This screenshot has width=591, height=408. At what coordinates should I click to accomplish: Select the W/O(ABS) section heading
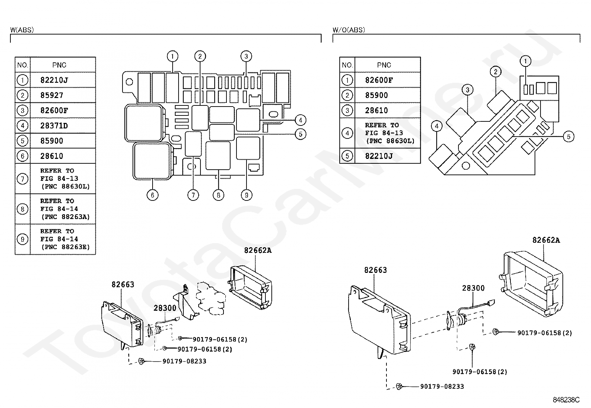click(x=349, y=30)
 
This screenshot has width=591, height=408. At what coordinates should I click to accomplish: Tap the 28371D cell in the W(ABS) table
click(x=54, y=125)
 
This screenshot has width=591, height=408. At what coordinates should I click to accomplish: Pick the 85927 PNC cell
click(x=52, y=95)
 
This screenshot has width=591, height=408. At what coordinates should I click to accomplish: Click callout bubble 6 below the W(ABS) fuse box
click(x=152, y=195)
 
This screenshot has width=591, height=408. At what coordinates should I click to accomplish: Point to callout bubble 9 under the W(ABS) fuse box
click(x=246, y=195)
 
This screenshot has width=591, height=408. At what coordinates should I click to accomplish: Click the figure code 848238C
click(x=566, y=400)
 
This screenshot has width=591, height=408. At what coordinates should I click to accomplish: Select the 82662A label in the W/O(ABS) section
click(x=546, y=240)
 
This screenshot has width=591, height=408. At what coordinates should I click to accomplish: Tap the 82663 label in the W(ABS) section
click(x=123, y=284)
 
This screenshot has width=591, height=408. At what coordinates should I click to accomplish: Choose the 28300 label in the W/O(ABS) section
click(x=473, y=288)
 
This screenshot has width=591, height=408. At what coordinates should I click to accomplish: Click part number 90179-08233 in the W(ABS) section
click(x=184, y=361)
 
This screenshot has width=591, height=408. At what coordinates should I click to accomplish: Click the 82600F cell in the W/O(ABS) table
click(x=379, y=80)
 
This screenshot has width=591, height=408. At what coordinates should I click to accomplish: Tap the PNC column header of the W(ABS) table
click(x=59, y=65)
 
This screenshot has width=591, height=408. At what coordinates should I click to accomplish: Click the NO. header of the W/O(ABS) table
click(x=347, y=65)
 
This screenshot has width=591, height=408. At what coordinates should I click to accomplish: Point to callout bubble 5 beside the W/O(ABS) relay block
click(x=568, y=137)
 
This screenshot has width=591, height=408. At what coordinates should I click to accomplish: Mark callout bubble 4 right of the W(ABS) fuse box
click(x=300, y=120)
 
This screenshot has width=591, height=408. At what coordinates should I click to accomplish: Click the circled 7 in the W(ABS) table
click(x=23, y=179)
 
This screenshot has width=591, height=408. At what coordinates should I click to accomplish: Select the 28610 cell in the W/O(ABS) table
click(x=376, y=110)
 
